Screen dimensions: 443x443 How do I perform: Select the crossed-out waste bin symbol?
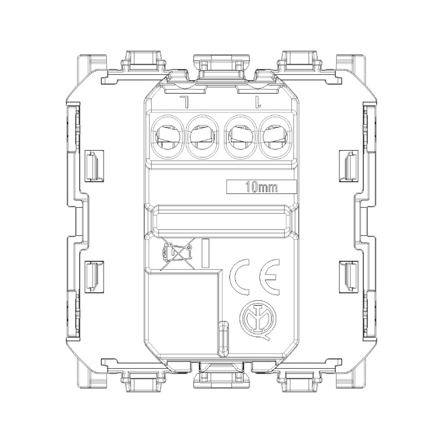click(x=176, y=254)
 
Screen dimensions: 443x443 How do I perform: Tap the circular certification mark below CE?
click(x=257, y=319)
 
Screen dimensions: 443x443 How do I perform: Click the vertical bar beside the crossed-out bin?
click(x=205, y=254)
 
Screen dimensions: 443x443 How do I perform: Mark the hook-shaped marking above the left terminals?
click(x=184, y=102)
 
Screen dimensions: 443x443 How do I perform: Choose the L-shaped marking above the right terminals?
click(x=256, y=102)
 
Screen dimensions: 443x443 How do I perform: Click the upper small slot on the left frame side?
click(x=93, y=164)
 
